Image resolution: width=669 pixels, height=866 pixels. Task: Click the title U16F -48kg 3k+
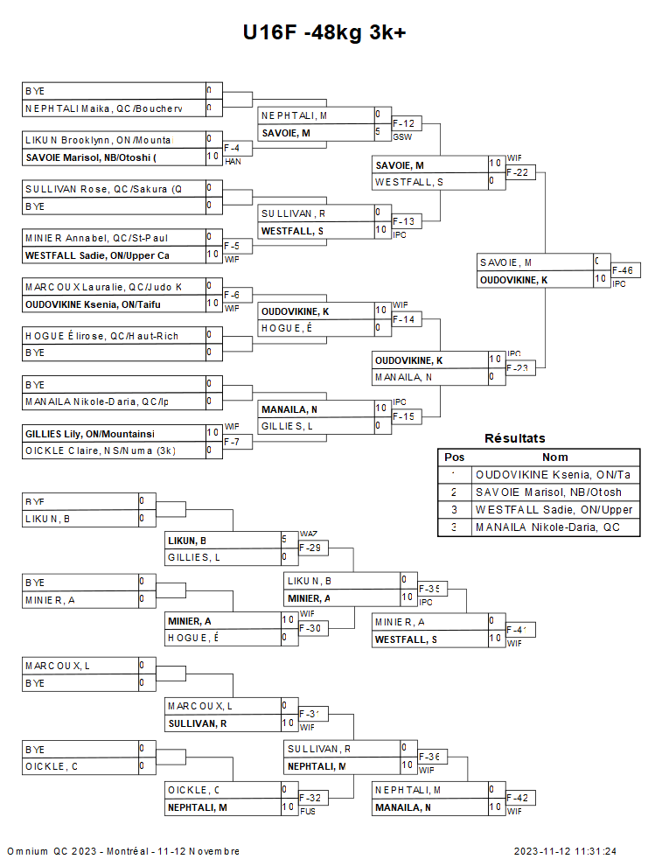[x=324, y=32]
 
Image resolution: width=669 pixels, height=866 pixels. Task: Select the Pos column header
[x=455, y=457]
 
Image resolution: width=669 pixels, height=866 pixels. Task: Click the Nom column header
[x=555, y=457]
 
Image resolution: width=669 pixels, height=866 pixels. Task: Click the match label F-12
[x=403, y=124]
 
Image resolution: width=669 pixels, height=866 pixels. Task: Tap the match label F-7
[x=233, y=442]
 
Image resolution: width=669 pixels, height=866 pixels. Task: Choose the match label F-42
[x=520, y=799]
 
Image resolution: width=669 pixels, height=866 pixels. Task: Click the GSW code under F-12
[x=402, y=137]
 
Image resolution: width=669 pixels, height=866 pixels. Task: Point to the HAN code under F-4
[x=233, y=162]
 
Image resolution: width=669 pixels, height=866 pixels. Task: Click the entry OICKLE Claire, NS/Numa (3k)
[x=100, y=450]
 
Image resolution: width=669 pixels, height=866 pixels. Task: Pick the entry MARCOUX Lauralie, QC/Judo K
[x=103, y=287]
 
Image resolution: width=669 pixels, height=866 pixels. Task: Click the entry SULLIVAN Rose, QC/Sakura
[x=103, y=189]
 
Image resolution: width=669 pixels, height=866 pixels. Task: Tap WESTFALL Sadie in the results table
[x=554, y=510]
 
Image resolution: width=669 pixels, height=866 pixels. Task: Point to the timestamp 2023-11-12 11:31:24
[x=565, y=851]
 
